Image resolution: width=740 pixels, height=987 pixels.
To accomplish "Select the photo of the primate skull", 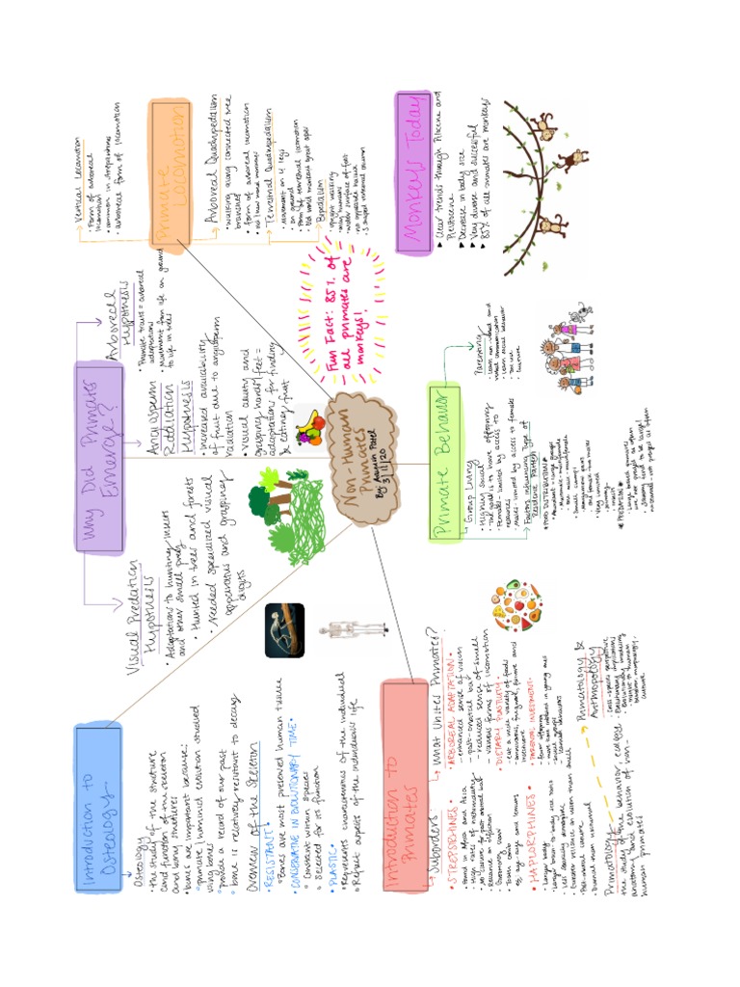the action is (x=285, y=630).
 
